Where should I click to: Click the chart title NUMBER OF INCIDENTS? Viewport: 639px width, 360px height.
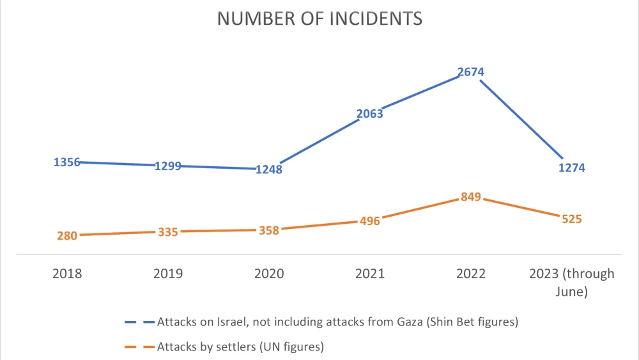319,18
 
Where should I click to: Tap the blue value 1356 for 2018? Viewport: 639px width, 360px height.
66,162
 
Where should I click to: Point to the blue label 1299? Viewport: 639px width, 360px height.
168,166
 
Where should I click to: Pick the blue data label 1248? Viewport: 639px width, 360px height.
268,169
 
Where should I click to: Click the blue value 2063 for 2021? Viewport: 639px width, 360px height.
369,114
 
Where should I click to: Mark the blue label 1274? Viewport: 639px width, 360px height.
571,168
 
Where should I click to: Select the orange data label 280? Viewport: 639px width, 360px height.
66,235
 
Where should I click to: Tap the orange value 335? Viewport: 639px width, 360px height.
168,231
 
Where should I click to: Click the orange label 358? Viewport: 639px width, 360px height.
268,230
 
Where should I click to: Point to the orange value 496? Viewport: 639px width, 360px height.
369,221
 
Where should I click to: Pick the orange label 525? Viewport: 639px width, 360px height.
571,219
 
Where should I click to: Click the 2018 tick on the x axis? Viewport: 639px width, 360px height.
66,274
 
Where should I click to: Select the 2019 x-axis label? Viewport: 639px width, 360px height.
168,274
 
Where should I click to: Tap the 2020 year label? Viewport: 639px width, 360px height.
268,274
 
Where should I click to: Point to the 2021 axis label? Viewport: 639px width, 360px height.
369,274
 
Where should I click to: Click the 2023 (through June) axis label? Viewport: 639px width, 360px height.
571,282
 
